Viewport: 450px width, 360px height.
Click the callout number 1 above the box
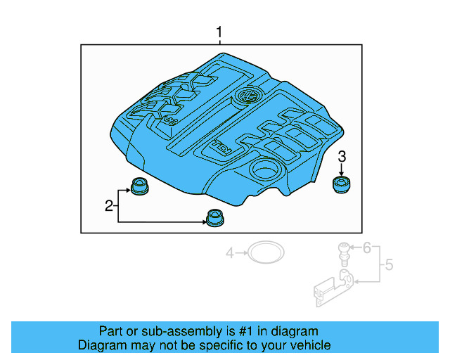click(219, 32)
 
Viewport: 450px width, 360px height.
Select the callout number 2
click(109, 206)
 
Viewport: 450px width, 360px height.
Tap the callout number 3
click(342, 156)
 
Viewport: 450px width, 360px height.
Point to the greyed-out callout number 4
click(229, 252)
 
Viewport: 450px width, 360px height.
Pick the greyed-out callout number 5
click(388, 265)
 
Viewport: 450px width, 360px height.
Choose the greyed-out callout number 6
click(366, 247)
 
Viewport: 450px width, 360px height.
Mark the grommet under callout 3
click(342, 185)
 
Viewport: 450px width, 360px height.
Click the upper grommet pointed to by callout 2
click(140, 188)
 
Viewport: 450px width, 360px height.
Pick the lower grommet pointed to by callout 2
click(213, 218)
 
